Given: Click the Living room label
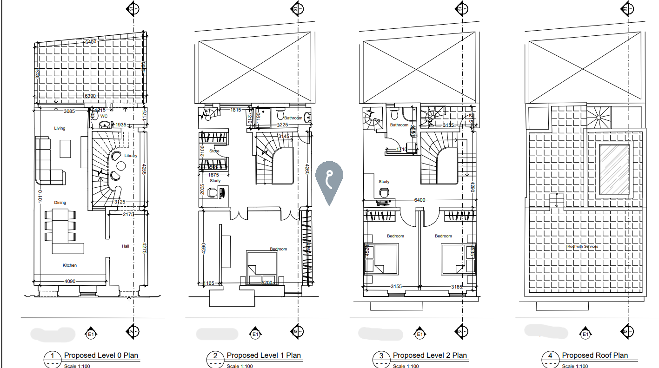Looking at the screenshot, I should pos(60,128).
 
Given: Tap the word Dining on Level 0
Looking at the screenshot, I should pos(60,203).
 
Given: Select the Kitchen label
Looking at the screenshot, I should pos(70,265).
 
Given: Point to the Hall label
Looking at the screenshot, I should pos(126,246).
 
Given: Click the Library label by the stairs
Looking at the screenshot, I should pos(131,156).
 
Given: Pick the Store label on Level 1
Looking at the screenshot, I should pos(214,151).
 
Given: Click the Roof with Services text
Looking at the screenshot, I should pos(582,246).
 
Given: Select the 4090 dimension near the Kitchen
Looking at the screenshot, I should pos(70,281).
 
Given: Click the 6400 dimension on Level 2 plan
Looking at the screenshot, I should pos(419,200).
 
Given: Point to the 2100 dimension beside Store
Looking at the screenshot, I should pos(202,151).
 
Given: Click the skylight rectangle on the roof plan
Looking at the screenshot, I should pos(614,170).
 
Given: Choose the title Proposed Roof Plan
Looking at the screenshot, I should pos(594,355).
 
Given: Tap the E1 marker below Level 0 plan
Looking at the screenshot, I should pos(91,334).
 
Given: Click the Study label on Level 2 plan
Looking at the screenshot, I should pos(384,182).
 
